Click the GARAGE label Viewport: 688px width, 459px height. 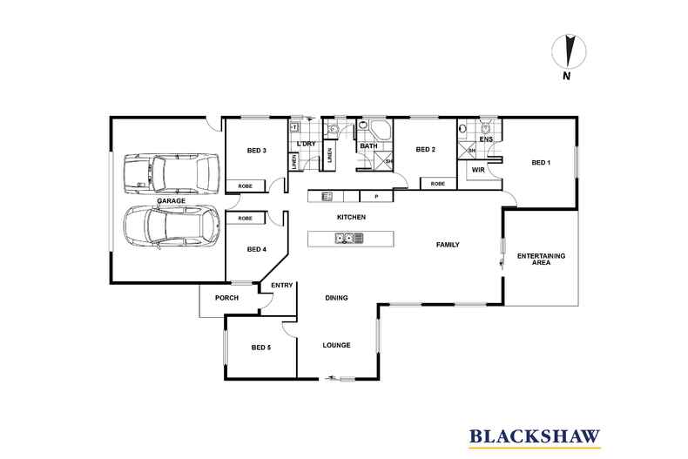click(x=171, y=201)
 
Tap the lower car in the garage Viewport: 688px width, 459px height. click(x=171, y=228)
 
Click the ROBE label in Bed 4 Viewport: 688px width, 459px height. click(x=246, y=218)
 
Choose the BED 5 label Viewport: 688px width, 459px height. click(x=261, y=348)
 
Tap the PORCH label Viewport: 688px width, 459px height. click(x=227, y=298)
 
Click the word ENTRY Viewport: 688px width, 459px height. click(x=281, y=286)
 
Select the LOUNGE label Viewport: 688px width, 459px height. click(x=336, y=345)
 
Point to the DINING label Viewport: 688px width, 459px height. click(x=336, y=298)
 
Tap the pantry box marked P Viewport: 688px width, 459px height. click(x=364, y=197)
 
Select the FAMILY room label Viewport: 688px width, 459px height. click(x=448, y=245)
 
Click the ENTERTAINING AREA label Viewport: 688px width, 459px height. click(x=541, y=259)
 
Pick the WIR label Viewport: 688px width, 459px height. click(x=478, y=170)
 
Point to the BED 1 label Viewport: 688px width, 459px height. click(x=542, y=162)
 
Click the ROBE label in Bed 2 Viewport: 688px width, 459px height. click(x=437, y=184)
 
